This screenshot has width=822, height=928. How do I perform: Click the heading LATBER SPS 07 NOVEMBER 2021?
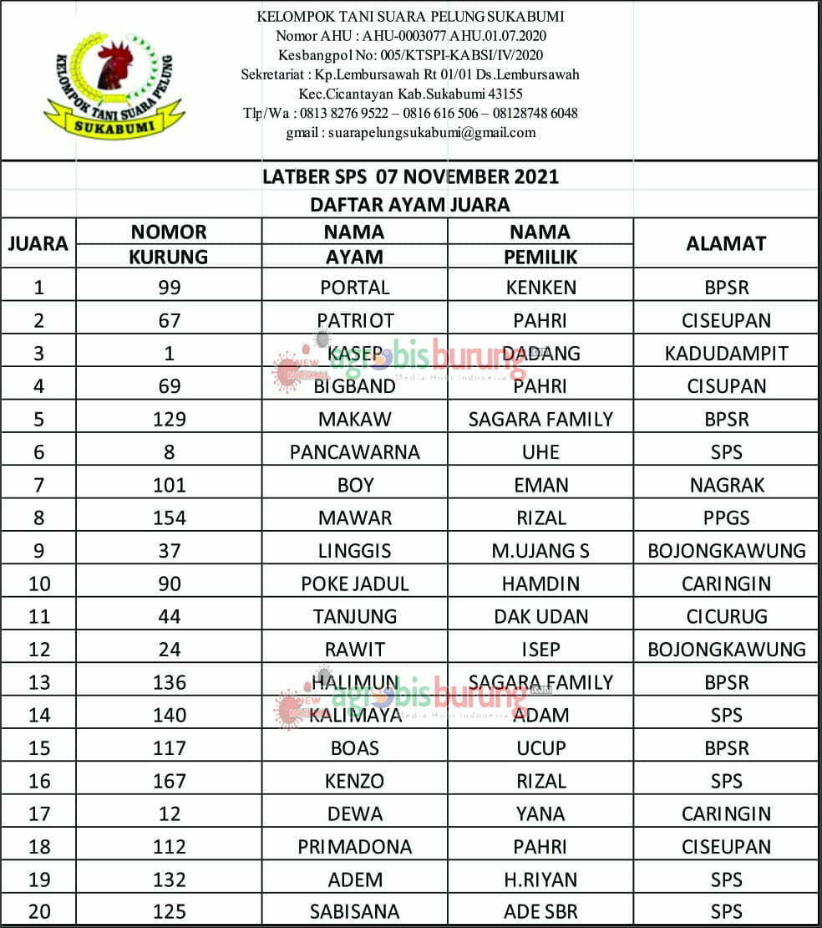click(410, 176)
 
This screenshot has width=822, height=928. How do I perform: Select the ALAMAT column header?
click(726, 243)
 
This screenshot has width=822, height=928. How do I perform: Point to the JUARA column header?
click(38, 244)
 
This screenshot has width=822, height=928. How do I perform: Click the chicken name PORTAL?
click(355, 288)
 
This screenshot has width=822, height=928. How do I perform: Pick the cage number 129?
click(170, 419)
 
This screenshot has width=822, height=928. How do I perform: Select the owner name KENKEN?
click(540, 288)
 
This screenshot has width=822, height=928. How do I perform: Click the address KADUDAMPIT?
click(726, 354)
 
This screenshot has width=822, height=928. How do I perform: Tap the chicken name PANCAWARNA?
click(355, 452)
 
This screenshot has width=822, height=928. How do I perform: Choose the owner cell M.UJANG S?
click(540, 551)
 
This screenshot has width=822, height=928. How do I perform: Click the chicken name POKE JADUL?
click(355, 584)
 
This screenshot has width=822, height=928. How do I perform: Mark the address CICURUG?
click(726, 617)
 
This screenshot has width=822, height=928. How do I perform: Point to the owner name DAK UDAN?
click(540, 617)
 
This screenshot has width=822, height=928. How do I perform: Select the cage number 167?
click(170, 781)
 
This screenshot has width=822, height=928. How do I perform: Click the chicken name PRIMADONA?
click(355, 847)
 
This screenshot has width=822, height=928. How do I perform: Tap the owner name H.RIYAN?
click(540, 880)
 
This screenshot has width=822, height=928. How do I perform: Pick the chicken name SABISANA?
click(355, 912)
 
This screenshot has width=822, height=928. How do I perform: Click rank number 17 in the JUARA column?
click(39, 814)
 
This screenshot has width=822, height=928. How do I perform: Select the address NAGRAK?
click(726, 485)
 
